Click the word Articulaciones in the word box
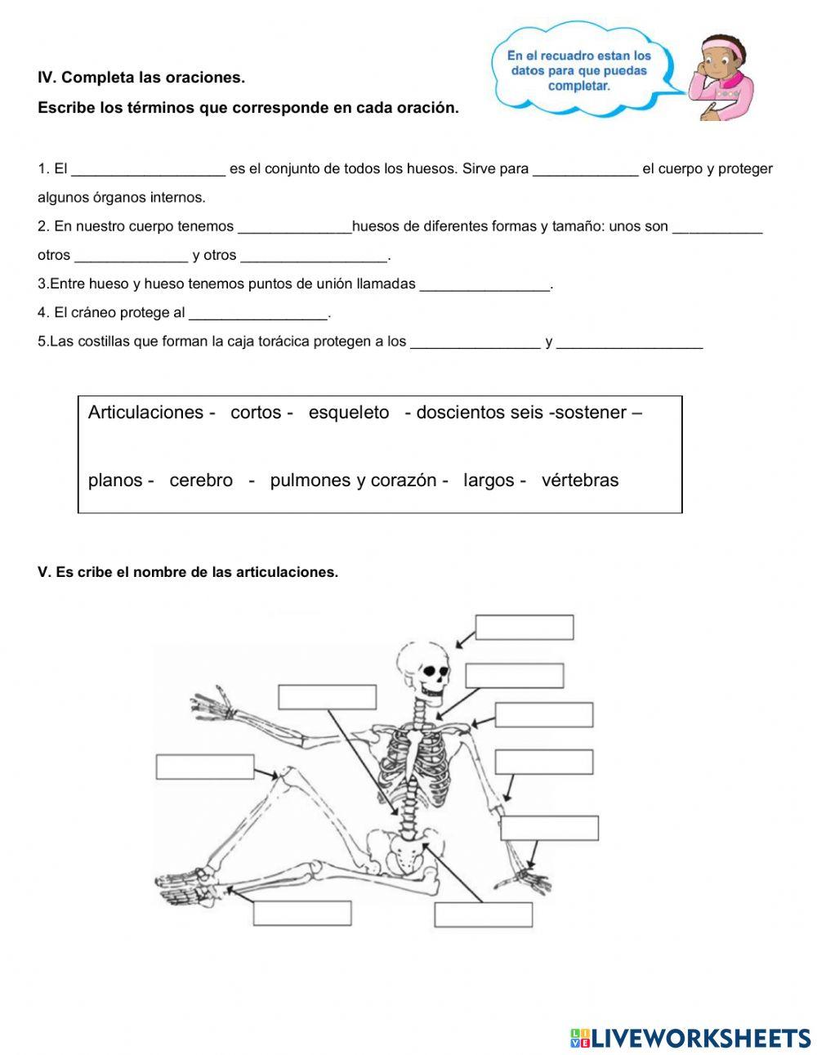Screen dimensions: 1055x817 click(x=145, y=413)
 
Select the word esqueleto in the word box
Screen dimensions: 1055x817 click(x=349, y=413)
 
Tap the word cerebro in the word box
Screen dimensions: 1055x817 click(x=201, y=481)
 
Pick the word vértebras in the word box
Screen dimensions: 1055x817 click(x=580, y=481)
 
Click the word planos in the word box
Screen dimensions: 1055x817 click(x=115, y=481)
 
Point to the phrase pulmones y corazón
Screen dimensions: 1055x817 click(x=353, y=481)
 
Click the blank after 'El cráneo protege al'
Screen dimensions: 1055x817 click(x=257, y=313)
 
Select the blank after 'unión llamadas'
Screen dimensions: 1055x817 click(x=484, y=284)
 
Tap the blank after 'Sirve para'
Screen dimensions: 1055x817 click(x=585, y=169)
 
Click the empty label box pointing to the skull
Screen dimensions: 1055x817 click(x=524, y=628)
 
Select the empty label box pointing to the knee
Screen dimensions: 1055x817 click(x=205, y=767)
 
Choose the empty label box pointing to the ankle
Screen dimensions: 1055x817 click(x=302, y=913)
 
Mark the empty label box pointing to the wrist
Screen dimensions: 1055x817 click(x=549, y=828)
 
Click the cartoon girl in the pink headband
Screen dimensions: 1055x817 click(x=722, y=78)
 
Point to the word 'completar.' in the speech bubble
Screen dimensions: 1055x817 click(x=579, y=86)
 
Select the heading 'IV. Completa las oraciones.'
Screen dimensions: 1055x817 click(x=141, y=78)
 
